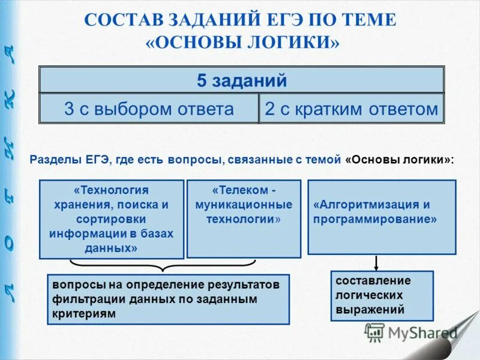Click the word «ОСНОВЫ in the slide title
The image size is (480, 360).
(199, 43)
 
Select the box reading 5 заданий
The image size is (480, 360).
(241, 80)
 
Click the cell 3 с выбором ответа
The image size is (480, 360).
(149, 109)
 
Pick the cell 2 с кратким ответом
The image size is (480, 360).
(352, 109)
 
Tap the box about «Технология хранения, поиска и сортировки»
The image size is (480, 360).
(111, 219)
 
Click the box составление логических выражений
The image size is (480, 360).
(382, 296)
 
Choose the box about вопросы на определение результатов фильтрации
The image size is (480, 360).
(168, 299)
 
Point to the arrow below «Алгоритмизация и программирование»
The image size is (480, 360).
(376, 262)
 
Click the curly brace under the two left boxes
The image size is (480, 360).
(163, 265)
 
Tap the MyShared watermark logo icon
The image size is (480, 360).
(375, 332)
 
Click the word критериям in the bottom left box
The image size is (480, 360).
(83, 313)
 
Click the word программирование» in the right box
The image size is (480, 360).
(374, 219)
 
